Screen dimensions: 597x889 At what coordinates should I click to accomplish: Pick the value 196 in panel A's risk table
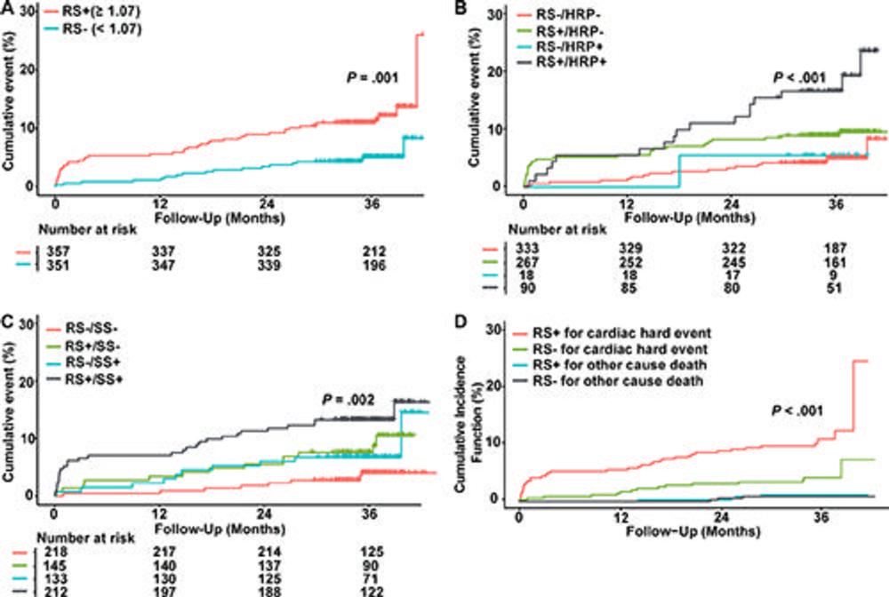[365, 264]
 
